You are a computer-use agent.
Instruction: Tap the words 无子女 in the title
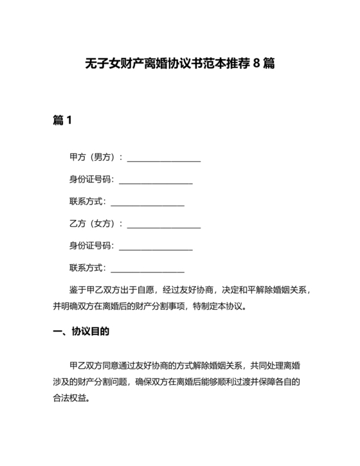[102, 64]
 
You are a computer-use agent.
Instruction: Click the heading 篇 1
[62, 120]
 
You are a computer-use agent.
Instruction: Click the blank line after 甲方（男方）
[165, 159]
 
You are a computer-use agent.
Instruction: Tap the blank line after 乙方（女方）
[165, 225]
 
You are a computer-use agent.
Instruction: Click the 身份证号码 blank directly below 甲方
[156, 181]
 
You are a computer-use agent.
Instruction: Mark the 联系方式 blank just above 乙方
[148, 203]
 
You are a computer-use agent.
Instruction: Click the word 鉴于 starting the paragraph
[78, 290]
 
